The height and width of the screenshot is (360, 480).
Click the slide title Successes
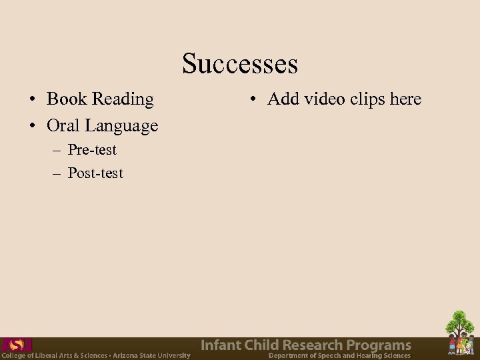240,64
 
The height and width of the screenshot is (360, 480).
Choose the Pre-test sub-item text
92,149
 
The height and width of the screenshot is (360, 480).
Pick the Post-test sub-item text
95,173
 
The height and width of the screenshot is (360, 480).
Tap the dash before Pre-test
57,150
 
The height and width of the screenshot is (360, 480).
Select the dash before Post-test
57,174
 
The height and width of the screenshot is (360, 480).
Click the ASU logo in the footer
17,345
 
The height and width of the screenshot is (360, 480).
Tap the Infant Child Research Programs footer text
306,345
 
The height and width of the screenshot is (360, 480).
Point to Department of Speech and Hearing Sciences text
339,355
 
